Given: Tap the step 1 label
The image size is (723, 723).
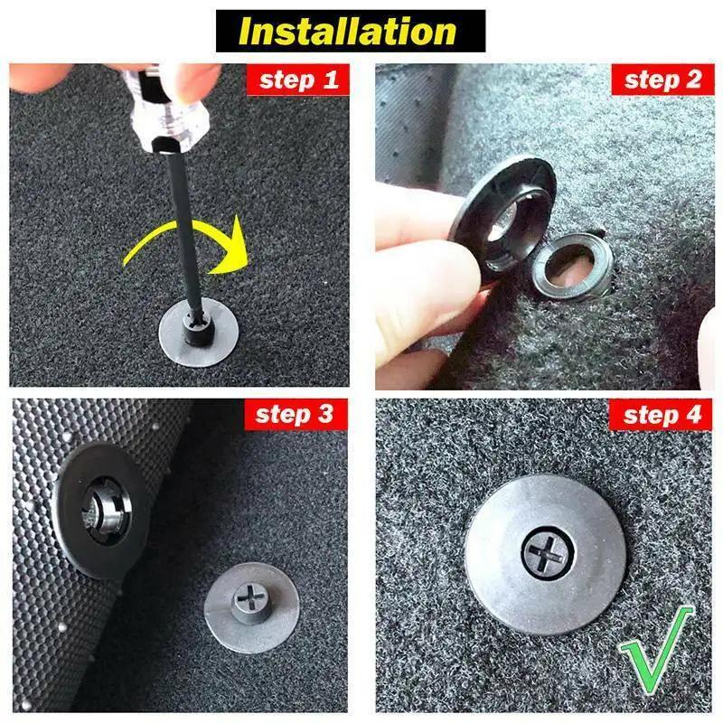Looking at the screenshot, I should pos(297,80).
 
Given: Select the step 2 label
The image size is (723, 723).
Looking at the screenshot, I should pos(663,80).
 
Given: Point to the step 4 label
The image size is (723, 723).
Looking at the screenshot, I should pos(663,416).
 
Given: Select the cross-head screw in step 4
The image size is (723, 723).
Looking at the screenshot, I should pos(546,554).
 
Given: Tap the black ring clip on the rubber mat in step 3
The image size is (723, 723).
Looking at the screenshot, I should pos(99,511).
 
